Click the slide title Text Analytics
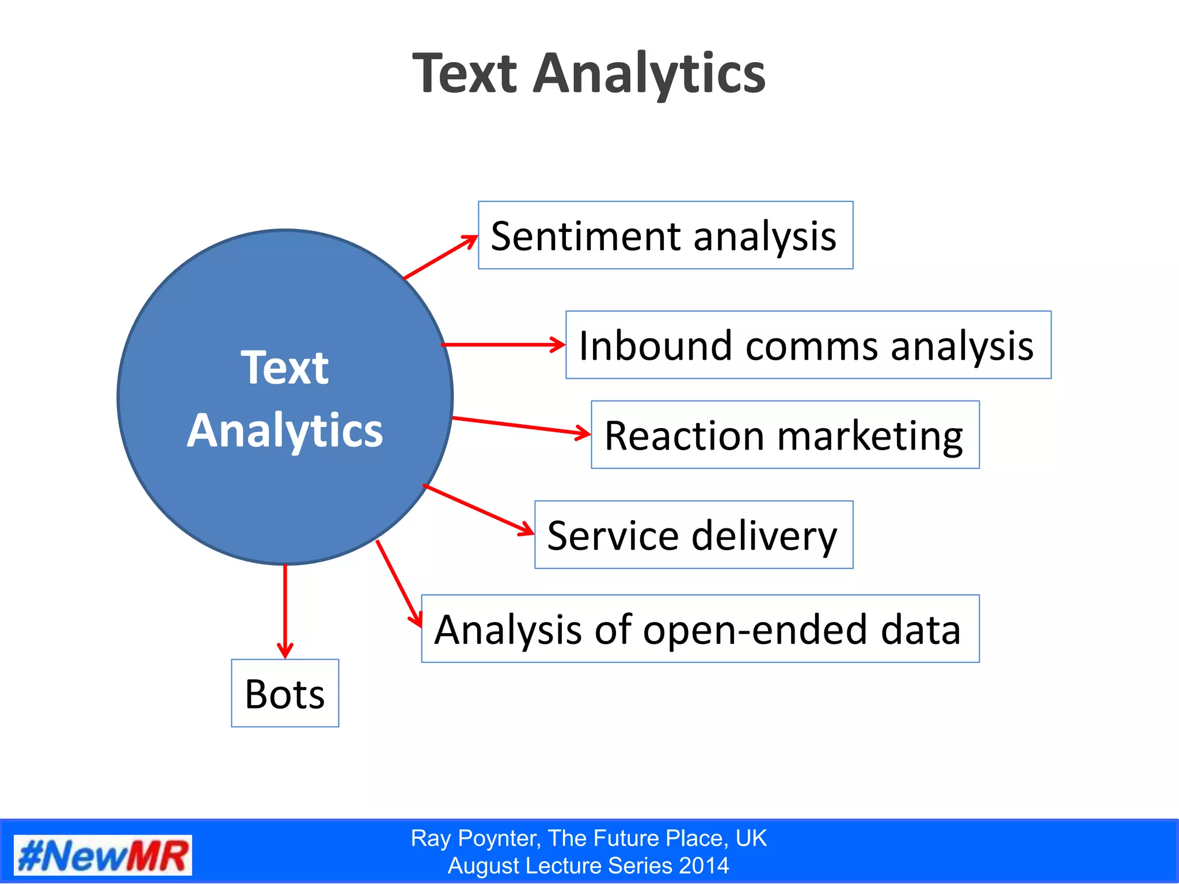589,74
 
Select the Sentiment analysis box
665,235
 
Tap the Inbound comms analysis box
808,345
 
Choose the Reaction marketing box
785,435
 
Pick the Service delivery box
693,535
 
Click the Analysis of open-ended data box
699,629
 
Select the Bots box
285,693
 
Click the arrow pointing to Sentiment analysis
440,257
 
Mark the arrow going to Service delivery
478,509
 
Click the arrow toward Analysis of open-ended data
398,583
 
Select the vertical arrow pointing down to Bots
285,610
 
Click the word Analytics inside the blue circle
285,430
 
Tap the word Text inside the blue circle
285,368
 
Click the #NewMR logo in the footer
103,856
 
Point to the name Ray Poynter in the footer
476,839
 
